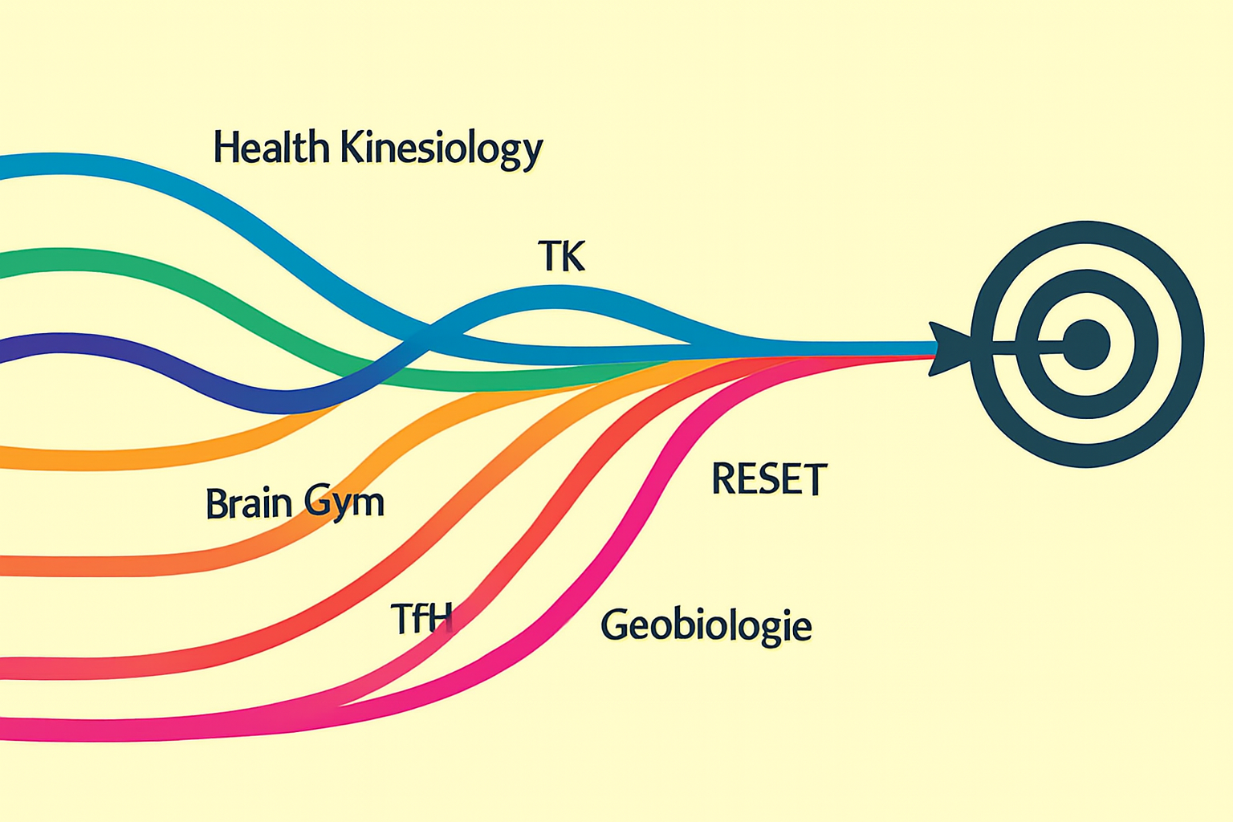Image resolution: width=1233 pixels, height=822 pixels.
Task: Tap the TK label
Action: point(561,256)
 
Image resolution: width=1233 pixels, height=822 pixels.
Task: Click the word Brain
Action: point(248,503)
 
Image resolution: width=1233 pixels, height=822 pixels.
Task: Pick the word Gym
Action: point(344,504)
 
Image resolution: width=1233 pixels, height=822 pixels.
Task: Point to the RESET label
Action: point(768,479)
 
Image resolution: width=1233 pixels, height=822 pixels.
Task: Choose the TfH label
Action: point(421,618)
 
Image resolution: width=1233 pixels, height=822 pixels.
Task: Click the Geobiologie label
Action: point(706,625)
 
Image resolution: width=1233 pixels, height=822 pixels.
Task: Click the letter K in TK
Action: point(572,256)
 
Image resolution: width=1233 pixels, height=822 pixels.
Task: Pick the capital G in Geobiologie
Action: point(614,625)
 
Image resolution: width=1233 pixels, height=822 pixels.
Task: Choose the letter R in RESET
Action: point(723,479)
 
